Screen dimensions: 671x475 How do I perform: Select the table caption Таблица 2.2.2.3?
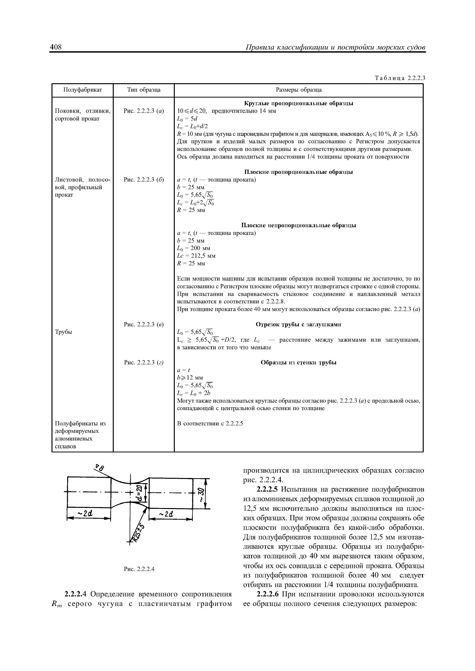point(400,78)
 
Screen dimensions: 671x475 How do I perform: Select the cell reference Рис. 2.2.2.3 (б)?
point(144,180)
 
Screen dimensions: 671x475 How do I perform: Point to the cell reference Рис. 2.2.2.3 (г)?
point(144,363)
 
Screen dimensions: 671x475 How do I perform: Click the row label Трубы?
point(64,332)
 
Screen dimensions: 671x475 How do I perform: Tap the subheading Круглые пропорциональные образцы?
point(299,103)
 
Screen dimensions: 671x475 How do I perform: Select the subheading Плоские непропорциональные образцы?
point(299,226)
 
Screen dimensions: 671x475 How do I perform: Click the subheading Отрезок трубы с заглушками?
point(299,325)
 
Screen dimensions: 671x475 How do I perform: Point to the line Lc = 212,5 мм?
point(196,256)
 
